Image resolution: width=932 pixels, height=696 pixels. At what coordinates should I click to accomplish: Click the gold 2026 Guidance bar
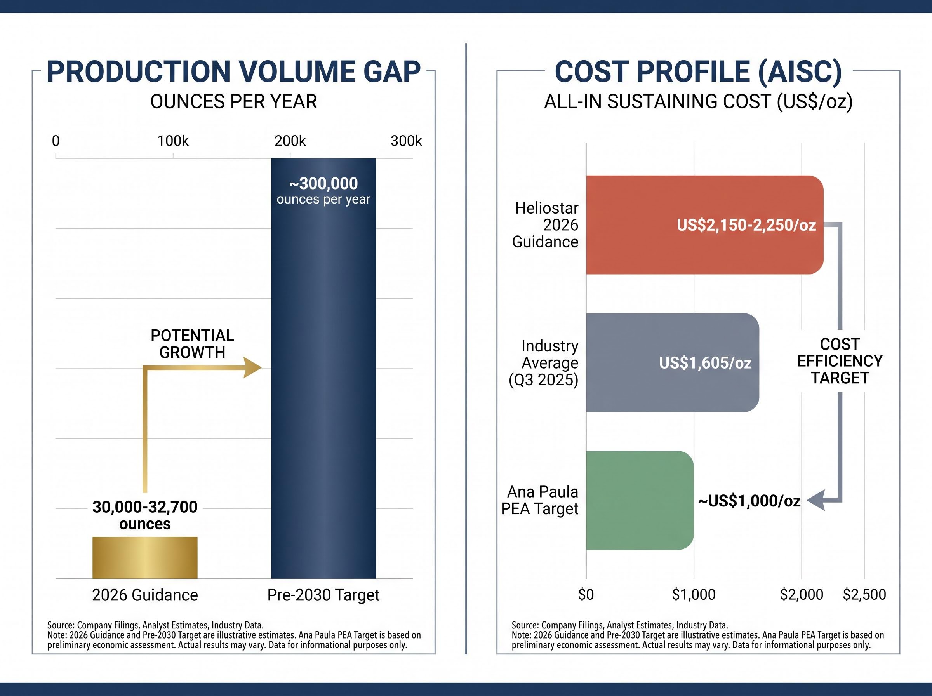(x=145, y=557)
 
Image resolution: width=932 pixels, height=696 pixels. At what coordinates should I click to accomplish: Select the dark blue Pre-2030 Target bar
(x=323, y=368)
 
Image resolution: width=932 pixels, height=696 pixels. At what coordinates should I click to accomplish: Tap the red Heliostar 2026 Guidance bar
(x=704, y=225)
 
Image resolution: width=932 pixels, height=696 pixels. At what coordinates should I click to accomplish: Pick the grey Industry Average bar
(x=673, y=363)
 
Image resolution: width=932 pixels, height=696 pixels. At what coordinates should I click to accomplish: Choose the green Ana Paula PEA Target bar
(x=640, y=501)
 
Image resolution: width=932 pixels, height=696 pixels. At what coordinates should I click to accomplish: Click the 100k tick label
(x=173, y=141)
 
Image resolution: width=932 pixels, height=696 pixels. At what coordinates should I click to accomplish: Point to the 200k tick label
(x=290, y=141)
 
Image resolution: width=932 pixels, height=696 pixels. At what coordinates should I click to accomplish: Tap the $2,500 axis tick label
(x=864, y=595)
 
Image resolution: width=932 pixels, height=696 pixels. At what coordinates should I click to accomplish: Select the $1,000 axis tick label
(x=694, y=595)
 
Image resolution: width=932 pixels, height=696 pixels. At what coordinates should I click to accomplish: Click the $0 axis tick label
(x=586, y=595)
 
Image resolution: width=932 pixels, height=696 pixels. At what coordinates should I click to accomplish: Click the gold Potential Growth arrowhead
(x=252, y=367)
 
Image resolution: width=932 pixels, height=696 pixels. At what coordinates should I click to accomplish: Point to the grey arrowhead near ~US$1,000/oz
(x=816, y=501)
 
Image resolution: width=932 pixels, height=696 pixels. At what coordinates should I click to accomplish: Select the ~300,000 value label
(x=323, y=184)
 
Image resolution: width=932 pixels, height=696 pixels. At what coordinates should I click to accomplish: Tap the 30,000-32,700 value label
(x=145, y=507)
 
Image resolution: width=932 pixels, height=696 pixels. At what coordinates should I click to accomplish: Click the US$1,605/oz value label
(x=706, y=363)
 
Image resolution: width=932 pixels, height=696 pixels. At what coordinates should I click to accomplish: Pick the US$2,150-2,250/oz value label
(x=746, y=225)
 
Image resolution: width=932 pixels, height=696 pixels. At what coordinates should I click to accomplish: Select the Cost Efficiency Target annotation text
(x=840, y=361)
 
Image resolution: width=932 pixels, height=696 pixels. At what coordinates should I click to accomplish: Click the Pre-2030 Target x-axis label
(x=323, y=595)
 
